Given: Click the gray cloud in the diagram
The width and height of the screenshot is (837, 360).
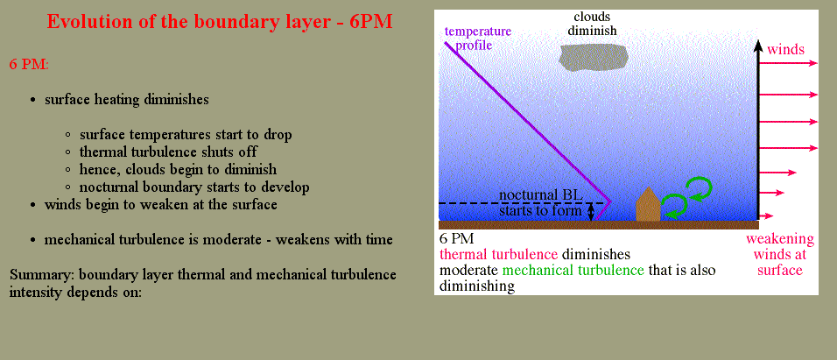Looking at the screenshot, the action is tap(593, 58).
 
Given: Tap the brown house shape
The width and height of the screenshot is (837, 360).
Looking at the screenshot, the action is tap(648, 205).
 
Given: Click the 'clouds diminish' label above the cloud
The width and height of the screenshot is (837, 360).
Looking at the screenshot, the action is tap(592, 24).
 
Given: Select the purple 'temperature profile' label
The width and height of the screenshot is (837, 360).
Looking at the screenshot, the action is tap(478, 38).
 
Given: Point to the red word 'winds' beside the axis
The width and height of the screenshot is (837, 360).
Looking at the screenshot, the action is tap(785, 50).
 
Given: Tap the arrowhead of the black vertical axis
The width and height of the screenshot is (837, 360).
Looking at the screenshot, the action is tap(758, 46).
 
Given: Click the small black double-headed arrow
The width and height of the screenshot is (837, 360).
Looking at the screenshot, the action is tap(590, 211).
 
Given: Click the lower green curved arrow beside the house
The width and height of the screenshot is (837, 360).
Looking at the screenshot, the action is tap(674, 205).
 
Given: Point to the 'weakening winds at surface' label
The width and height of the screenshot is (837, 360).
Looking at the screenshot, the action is tap(780, 254).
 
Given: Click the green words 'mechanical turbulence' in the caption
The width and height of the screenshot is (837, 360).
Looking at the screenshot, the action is tap(573, 270).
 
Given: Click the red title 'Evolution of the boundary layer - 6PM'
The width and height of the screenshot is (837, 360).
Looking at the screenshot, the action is tap(220, 22).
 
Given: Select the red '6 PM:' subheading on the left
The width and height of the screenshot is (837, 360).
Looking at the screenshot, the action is tap(29, 64).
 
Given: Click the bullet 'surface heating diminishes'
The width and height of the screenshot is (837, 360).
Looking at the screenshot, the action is tap(126, 100).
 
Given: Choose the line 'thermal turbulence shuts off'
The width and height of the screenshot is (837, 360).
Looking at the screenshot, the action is tap(168, 152).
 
